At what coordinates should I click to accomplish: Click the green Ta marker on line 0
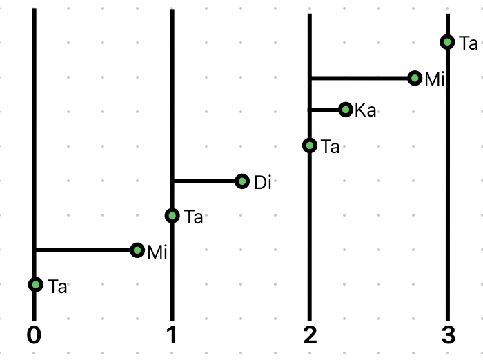35,285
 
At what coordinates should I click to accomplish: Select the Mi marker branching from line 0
137,250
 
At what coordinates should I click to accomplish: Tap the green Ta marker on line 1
172,216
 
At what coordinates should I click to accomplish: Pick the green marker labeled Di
242,181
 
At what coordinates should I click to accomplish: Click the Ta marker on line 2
310,146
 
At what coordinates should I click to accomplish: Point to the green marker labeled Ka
346,110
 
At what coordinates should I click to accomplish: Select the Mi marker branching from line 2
415,78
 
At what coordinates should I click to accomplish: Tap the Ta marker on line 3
448,42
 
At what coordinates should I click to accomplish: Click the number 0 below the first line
34,335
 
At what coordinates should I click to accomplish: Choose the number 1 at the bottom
172,335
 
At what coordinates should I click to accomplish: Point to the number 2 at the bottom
310,335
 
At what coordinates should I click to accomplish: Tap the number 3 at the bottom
448,335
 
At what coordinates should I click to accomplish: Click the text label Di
263,182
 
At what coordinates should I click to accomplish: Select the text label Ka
366,110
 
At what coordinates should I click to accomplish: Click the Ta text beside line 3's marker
469,43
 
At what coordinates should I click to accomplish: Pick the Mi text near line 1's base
157,252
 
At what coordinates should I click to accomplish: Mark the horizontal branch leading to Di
204,181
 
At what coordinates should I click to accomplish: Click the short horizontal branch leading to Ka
325,110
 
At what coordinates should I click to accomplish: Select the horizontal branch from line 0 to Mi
83,250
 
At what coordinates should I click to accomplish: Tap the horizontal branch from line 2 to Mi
359,79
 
